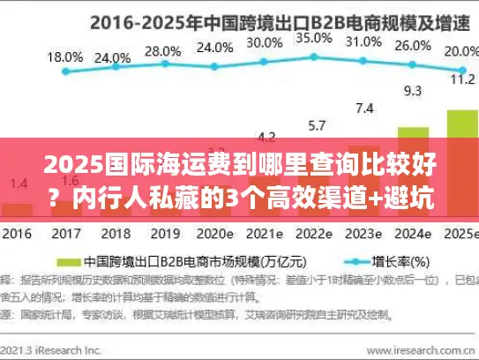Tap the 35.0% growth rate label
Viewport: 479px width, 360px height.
click(314, 39)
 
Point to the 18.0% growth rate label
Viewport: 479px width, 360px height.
click(64, 56)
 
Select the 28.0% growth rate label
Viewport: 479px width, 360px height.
click(162, 50)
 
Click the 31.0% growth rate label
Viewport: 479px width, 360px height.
click(363, 41)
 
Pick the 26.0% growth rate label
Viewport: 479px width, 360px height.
click(413, 46)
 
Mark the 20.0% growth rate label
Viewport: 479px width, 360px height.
click(459, 51)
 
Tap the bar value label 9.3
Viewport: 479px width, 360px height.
click(413, 90)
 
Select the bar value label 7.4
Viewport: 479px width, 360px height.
click(364, 109)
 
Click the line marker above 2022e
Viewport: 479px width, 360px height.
click(314, 54)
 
